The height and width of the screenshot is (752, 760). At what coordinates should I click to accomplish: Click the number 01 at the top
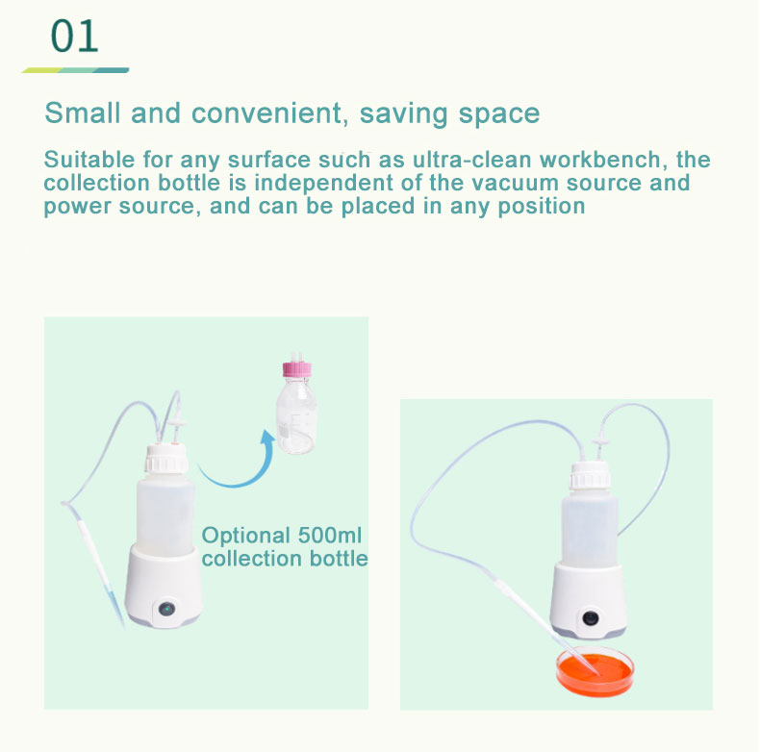coord(75,37)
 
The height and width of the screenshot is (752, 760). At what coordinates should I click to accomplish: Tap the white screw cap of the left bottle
coord(165,460)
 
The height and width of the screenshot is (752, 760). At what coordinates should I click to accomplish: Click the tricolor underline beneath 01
coord(76,70)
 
